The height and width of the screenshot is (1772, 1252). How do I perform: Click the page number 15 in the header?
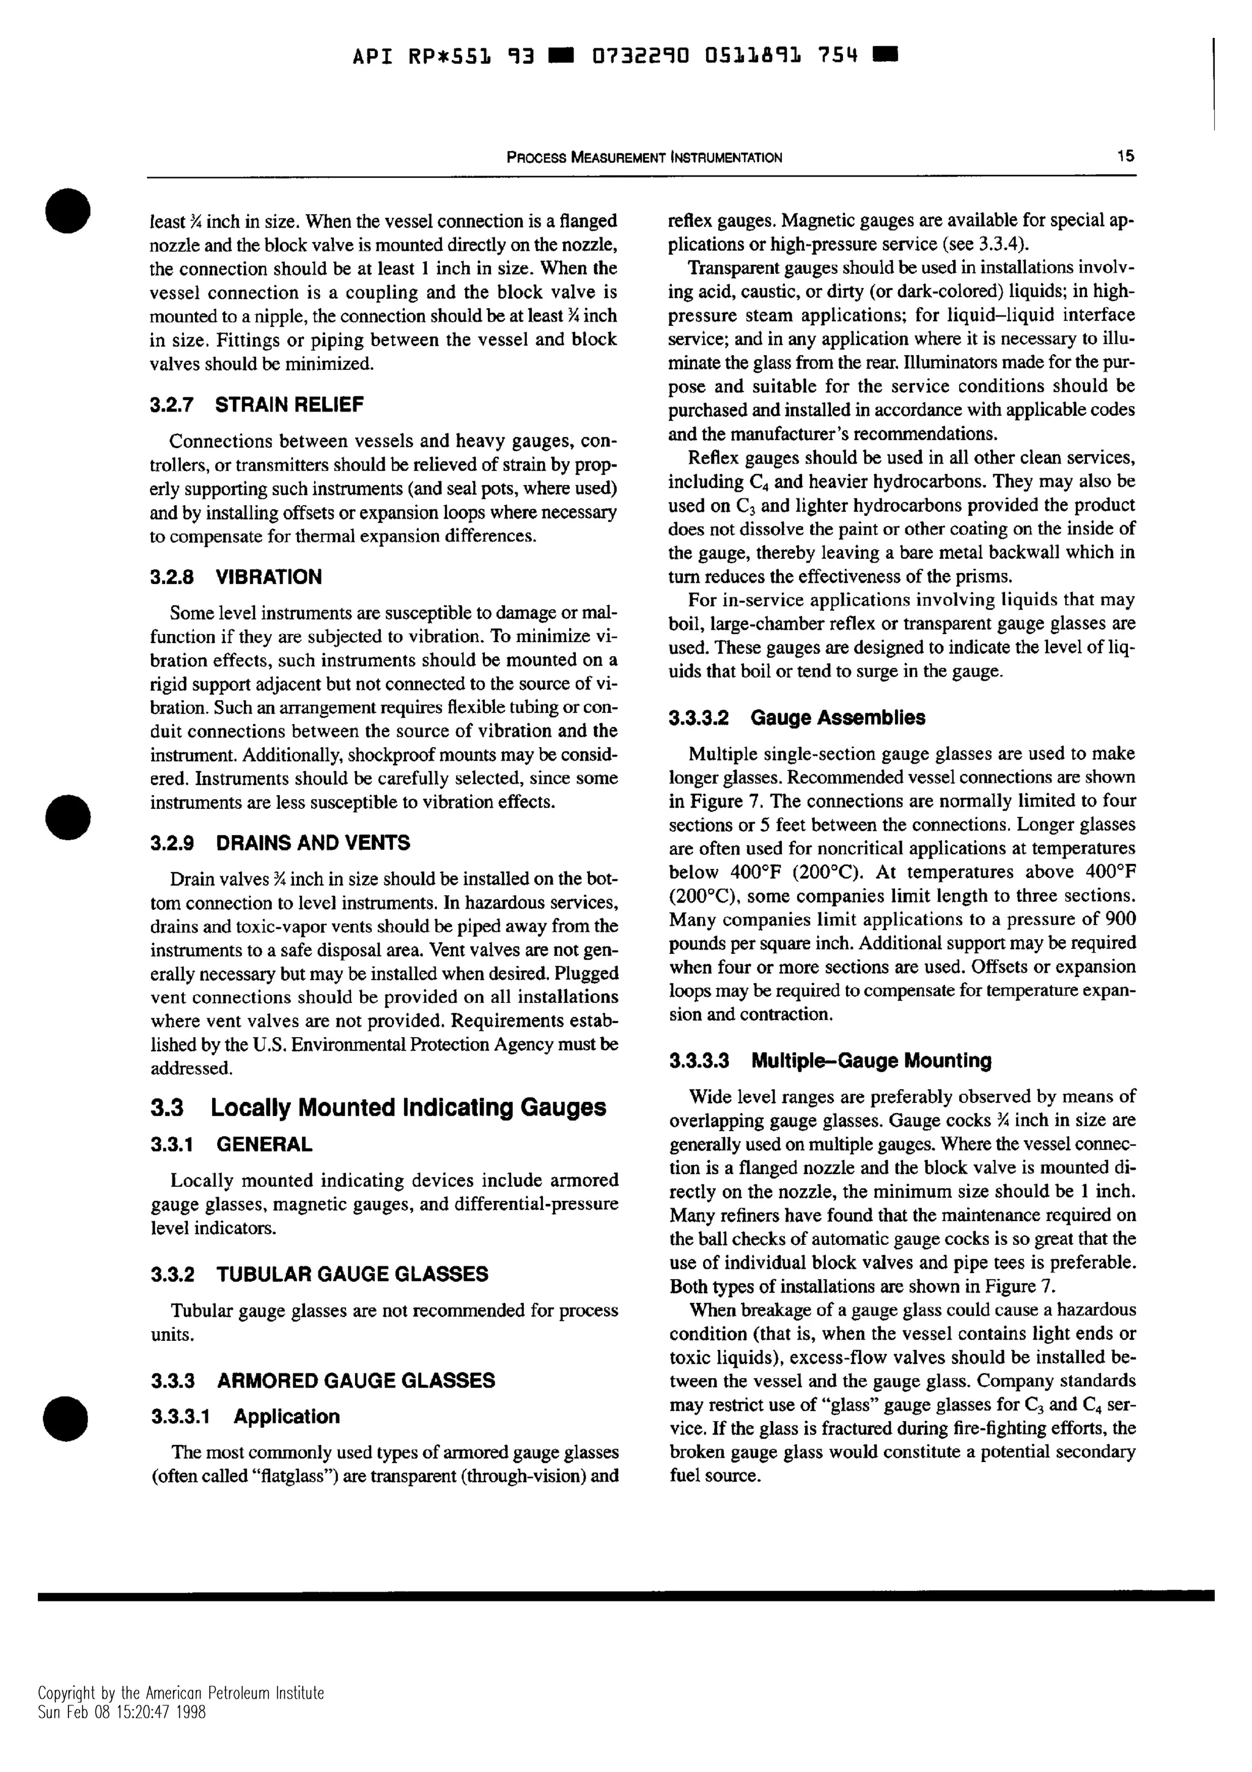(x=1125, y=156)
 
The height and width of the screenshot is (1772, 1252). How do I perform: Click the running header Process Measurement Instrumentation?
(x=644, y=157)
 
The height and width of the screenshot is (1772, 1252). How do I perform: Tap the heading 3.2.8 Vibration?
(x=236, y=577)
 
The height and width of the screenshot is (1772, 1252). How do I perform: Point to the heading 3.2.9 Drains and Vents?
(x=280, y=842)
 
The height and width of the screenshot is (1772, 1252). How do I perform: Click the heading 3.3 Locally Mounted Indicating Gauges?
(x=378, y=1107)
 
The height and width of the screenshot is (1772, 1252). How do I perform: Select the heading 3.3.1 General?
(x=232, y=1145)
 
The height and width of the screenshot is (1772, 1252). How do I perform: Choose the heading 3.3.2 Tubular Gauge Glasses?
(x=319, y=1274)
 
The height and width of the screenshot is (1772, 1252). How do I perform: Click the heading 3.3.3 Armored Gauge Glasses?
(x=322, y=1380)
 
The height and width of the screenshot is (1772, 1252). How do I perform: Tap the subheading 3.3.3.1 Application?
(x=245, y=1416)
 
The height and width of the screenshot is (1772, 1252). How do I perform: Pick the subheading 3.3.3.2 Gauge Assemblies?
(x=797, y=717)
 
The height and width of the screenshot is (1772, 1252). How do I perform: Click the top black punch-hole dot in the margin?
(x=68, y=209)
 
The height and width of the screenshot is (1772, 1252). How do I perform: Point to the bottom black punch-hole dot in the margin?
(x=68, y=1419)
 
